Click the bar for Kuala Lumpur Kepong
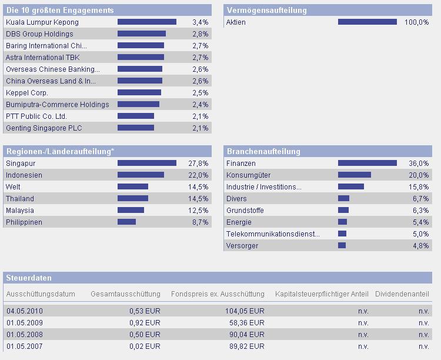coord(147,22)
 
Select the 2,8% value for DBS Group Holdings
coord(200,34)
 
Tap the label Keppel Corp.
coord(27,93)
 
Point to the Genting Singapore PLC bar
coord(136,128)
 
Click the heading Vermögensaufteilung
coord(267,10)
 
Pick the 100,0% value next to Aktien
coord(417,22)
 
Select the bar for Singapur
coord(147,164)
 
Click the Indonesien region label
coord(24,175)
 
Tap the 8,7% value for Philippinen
coord(200,222)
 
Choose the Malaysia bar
coord(131,211)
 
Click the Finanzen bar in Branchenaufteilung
coord(367,164)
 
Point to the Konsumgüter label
coord(249,175)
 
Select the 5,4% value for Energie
coord(420,222)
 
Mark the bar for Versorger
coord(342,246)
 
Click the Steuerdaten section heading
coord(29,278)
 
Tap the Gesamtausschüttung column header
coord(125,294)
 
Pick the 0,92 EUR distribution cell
coord(145,322)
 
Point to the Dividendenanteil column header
coord(402,294)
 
